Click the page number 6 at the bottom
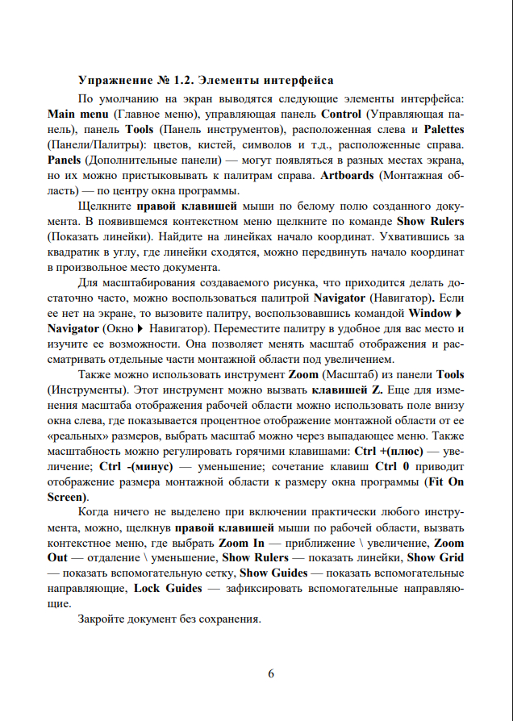click(271, 674)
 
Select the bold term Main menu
click(77, 115)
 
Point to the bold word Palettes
click(444, 130)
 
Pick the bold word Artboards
click(349, 175)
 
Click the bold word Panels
click(64, 160)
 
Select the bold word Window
click(430, 313)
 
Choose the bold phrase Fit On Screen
click(446, 481)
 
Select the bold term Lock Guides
click(168, 588)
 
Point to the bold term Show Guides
click(273, 573)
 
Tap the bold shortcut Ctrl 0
click(391, 466)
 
